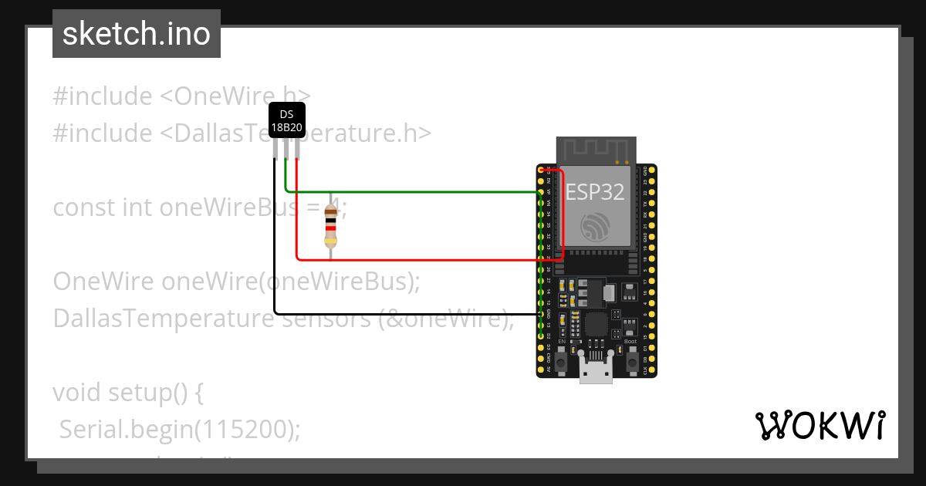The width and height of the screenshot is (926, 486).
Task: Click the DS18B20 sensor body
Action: click(x=286, y=121)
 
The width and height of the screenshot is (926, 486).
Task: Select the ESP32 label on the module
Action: click(x=595, y=192)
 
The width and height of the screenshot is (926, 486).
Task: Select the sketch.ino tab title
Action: click(x=137, y=34)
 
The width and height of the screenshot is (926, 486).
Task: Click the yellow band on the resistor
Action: click(x=331, y=241)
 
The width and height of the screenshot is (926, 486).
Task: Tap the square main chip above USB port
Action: click(x=596, y=324)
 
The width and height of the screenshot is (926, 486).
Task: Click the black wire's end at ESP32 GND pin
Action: click(x=539, y=315)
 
